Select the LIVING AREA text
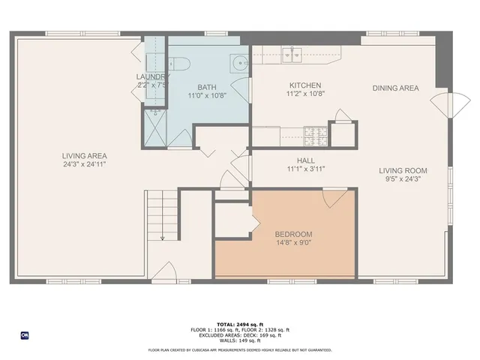(x=84, y=156)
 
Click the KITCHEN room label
(x=304, y=85)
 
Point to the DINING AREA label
(x=395, y=88)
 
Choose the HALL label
(x=305, y=160)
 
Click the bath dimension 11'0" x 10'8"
(x=206, y=95)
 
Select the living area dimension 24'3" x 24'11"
(x=84, y=165)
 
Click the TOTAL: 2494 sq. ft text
(x=240, y=325)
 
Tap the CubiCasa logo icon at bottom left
(x=24, y=334)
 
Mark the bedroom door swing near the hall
(x=334, y=198)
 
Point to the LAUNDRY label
(x=151, y=76)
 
